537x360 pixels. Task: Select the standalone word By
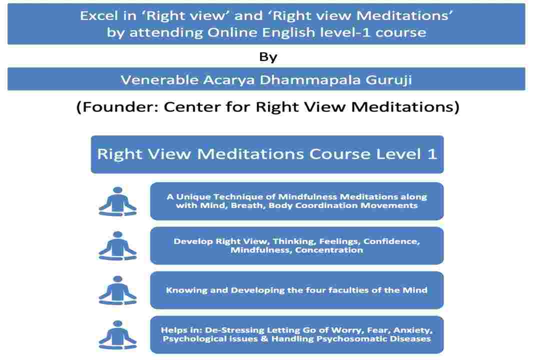268,57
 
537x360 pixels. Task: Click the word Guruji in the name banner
388,80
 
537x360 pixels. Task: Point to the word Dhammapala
310,80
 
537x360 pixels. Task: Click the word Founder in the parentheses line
121,107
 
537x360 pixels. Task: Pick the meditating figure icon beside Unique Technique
118,201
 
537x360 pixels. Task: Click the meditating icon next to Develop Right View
118,246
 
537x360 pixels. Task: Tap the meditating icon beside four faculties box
118,290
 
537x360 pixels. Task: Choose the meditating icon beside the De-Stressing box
118,335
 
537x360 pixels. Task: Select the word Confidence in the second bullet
391,241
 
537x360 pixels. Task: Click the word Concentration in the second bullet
329,250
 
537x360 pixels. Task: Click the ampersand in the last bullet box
264,339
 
